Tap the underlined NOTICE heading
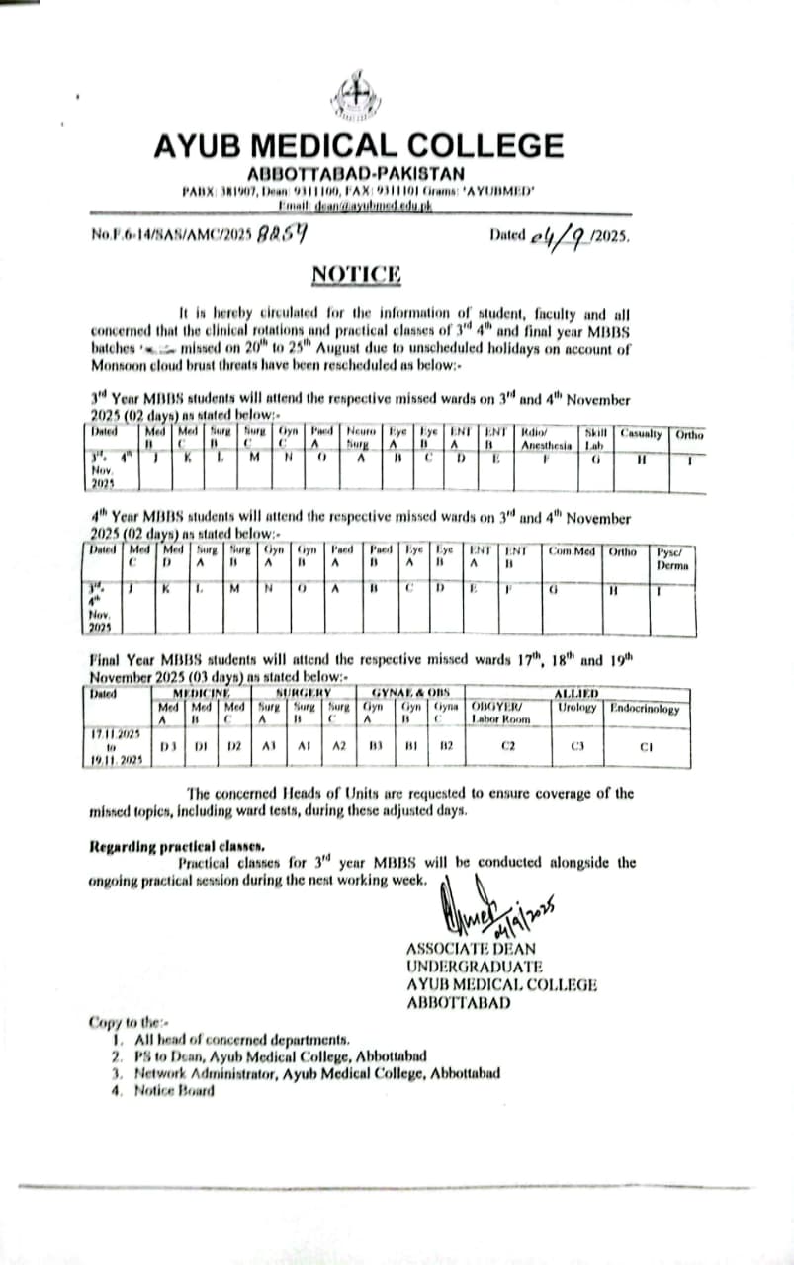pyautogui.click(x=357, y=274)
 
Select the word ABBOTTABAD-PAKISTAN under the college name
pyautogui.click(x=358, y=173)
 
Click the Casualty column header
pyautogui.click(x=642, y=432)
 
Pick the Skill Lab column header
pyautogui.click(x=595, y=438)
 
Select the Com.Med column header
pyautogui.click(x=573, y=550)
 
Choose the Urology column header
pyautogui.click(x=577, y=708)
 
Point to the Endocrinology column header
pyautogui.click(x=644, y=708)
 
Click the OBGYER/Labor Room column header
pyautogui.click(x=502, y=713)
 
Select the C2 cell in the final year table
pyautogui.click(x=508, y=746)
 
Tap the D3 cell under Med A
pyautogui.click(x=169, y=746)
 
